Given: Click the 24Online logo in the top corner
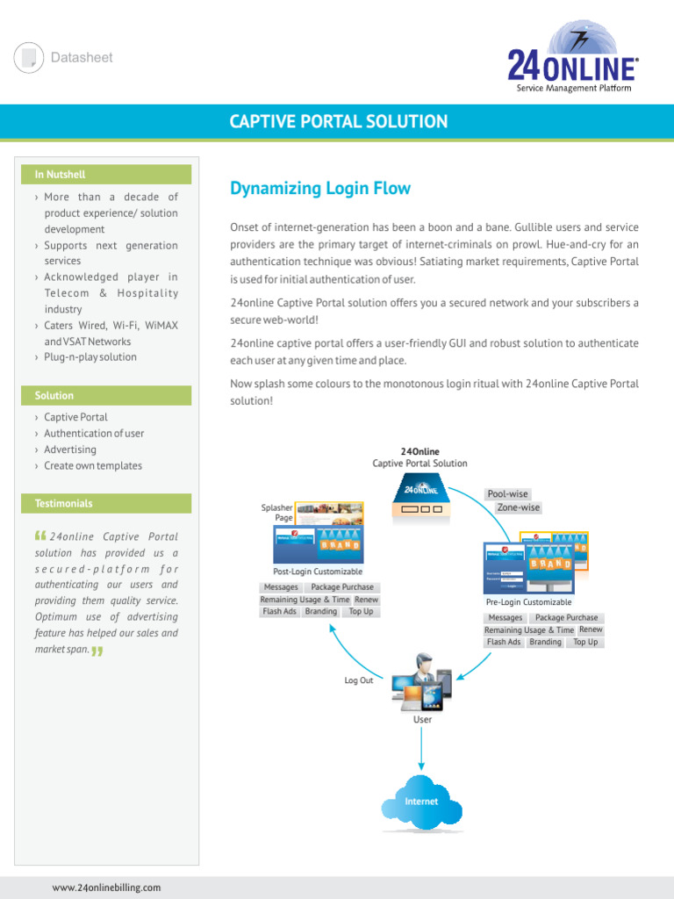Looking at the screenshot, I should click(572, 59).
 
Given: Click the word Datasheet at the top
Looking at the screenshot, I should click(82, 58).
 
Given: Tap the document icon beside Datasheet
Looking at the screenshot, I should click(29, 58).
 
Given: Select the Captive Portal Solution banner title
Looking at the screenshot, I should click(339, 122).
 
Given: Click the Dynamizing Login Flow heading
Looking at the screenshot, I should click(320, 189).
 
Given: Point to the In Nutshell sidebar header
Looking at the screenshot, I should click(61, 175).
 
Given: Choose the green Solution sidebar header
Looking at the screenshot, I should click(54, 396).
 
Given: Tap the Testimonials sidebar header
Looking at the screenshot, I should click(63, 504).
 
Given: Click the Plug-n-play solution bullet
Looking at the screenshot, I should click(90, 357).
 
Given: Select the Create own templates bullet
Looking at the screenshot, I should click(93, 466).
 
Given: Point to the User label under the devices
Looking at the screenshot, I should click(422, 720).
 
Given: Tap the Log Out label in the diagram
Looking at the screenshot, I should click(359, 680).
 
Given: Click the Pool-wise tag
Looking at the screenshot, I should click(508, 494).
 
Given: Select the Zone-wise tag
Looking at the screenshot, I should click(518, 508).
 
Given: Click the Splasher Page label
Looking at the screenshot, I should click(277, 513).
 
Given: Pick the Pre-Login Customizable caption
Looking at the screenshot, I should click(528, 602).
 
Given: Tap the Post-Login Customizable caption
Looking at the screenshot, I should click(318, 572).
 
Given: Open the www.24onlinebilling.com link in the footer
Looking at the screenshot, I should click(106, 888).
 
